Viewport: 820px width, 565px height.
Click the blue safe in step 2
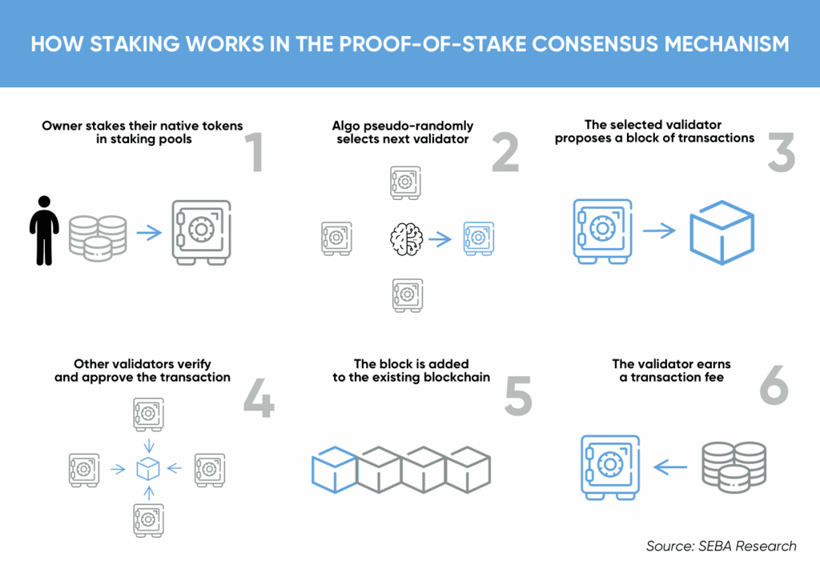(x=480, y=238)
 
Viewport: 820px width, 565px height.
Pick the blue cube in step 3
(x=722, y=233)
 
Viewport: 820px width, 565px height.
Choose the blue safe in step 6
(x=610, y=467)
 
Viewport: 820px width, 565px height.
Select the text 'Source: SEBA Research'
(x=721, y=546)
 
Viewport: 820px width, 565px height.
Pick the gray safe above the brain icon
(x=404, y=183)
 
